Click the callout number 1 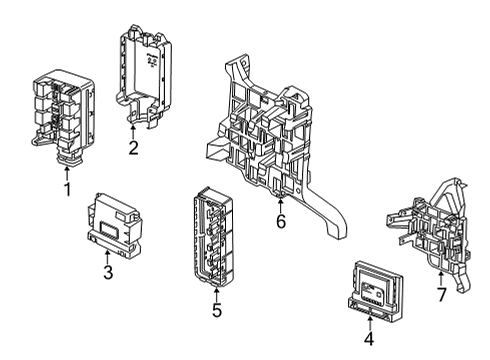tap(67, 188)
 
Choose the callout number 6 tap(281, 221)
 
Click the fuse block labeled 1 tap(63, 110)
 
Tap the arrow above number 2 tap(132, 130)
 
